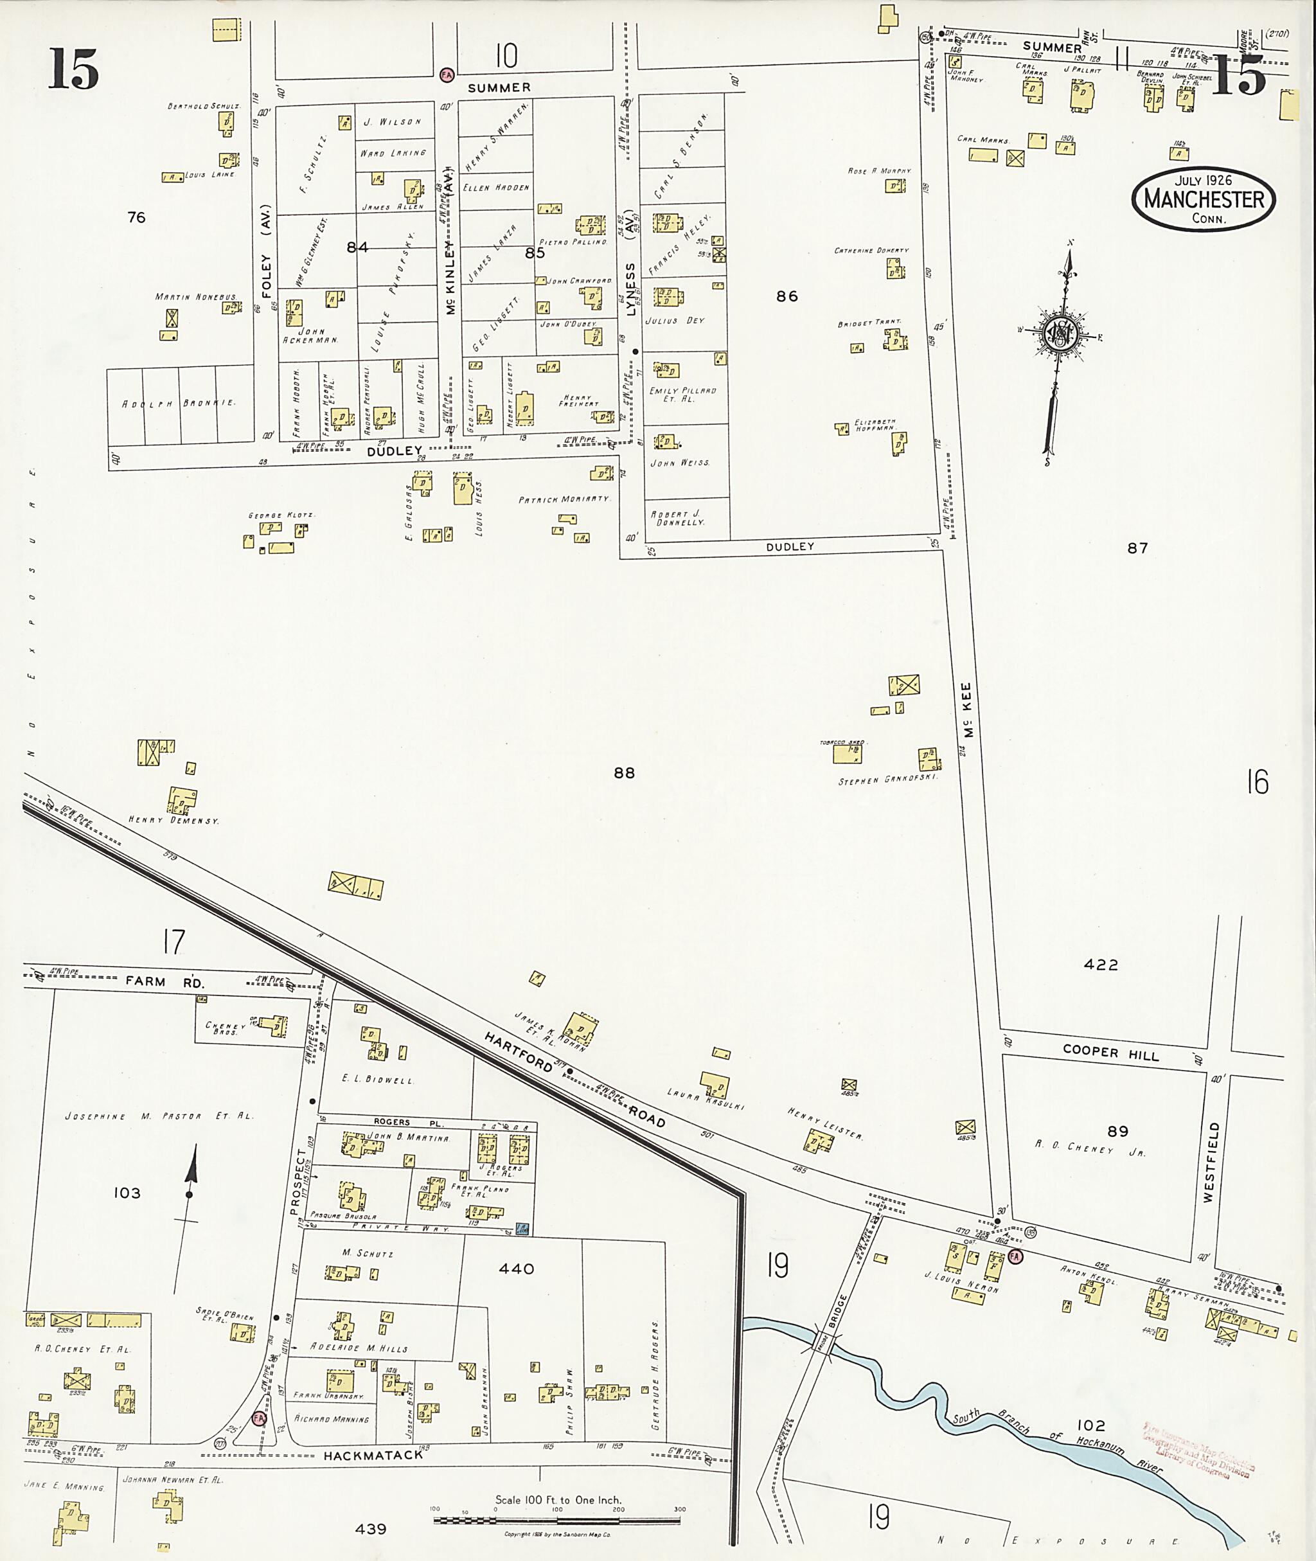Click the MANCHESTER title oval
point(1204,199)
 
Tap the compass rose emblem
point(1058,333)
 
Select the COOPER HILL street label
point(1111,1053)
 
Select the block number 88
point(625,773)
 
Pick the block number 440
point(516,1269)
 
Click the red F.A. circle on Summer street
point(447,75)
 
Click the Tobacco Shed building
point(848,754)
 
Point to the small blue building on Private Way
point(523,1228)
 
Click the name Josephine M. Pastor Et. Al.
point(159,1116)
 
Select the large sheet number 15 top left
point(74,69)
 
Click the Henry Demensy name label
point(174,820)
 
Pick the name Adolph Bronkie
point(179,403)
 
